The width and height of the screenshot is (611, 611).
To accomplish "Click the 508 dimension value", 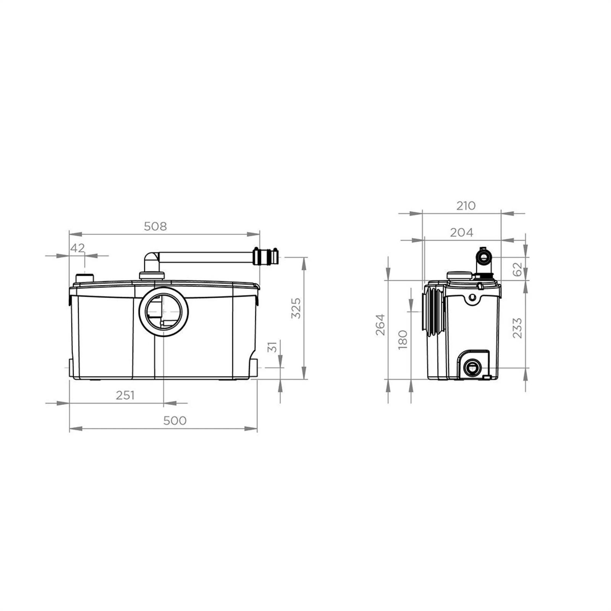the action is pyautogui.click(x=155, y=226).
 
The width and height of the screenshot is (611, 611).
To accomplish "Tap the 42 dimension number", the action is pyautogui.click(x=78, y=248).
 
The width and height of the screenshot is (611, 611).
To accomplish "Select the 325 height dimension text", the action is pyautogui.click(x=296, y=308).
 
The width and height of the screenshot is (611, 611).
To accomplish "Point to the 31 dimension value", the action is pyautogui.click(x=272, y=347).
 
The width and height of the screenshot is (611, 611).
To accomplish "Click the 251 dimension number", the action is pyautogui.click(x=125, y=395).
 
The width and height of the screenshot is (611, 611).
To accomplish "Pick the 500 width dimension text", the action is pyautogui.click(x=175, y=420).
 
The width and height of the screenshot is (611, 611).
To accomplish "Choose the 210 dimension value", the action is pyautogui.click(x=466, y=206).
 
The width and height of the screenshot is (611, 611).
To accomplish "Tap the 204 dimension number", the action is pyautogui.click(x=461, y=232).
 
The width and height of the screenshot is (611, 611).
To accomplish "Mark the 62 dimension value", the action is pyautogui.click(x=517, y=270).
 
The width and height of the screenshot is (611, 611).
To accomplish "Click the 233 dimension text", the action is pyautogui.click(x=517, y=328).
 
